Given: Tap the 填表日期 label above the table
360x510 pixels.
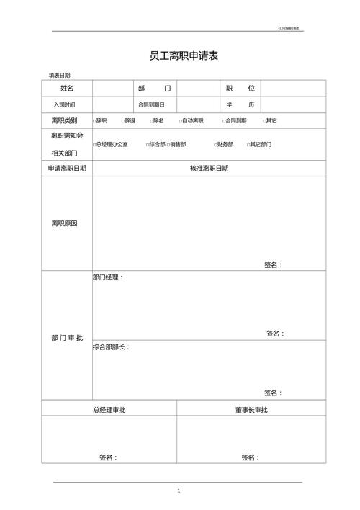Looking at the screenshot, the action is [60, 75].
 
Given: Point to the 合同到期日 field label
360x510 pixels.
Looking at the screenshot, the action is [151, 105].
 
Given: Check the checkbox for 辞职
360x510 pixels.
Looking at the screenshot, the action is [94, 121].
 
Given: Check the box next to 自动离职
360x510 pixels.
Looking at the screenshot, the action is [180, 121].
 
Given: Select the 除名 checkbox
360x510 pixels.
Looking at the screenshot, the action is [151, 121].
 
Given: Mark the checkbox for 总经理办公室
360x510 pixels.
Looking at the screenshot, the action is [94, 145].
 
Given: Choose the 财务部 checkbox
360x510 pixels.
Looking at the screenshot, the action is [215, 145].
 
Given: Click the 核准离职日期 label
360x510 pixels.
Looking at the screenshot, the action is [209, 168].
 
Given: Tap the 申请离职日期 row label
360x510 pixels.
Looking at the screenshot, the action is [67, 168].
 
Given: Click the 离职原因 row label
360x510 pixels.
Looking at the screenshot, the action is [64, 223].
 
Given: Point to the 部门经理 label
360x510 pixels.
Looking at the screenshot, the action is [108, 277].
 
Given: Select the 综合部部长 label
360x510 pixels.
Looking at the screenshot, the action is [111, 347].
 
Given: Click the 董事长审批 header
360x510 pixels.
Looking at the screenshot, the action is [251, 410].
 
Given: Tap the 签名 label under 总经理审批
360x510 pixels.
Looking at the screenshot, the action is [108, 457].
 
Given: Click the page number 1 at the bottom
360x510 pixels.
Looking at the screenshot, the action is [179, 491].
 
